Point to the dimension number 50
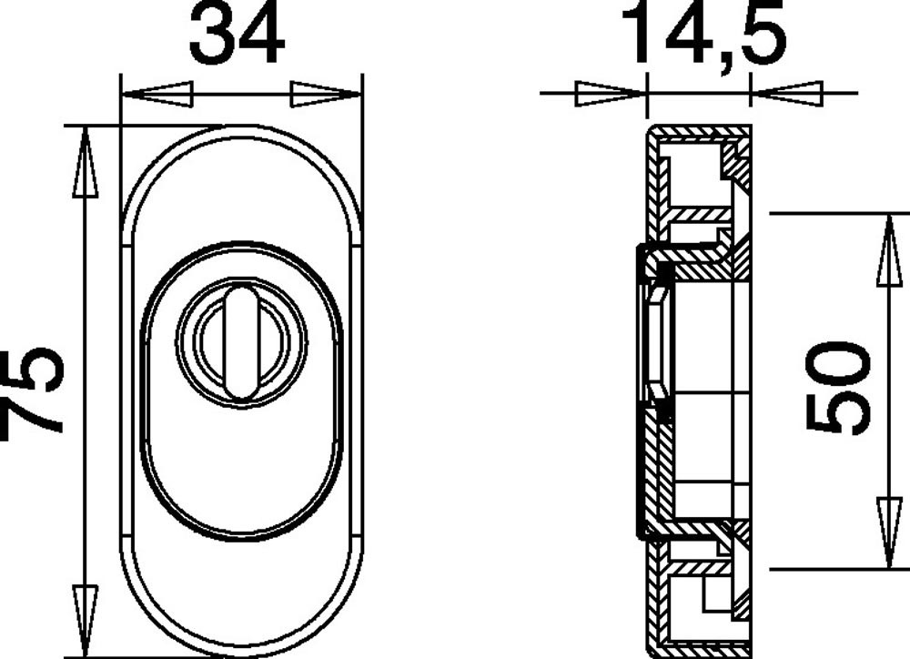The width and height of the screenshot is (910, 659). [839, 387]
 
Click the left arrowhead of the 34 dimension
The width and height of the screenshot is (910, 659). [157, 95]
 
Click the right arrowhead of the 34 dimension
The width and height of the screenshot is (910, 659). [326, 95]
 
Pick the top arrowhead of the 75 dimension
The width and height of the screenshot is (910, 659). [86, 162]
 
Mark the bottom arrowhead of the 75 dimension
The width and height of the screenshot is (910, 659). [86, 621]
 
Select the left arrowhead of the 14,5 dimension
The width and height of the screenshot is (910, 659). [610, 94]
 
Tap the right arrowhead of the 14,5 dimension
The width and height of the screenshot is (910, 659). [787, 94]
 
